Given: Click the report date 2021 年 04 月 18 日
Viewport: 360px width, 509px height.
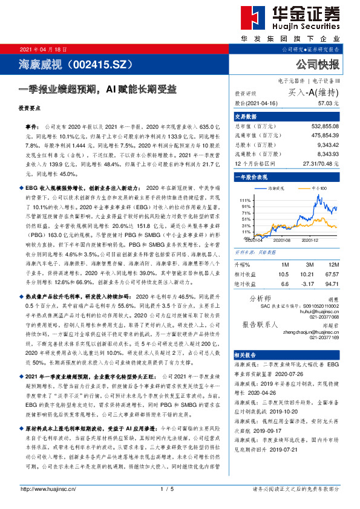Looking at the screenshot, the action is click(44, 48).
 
